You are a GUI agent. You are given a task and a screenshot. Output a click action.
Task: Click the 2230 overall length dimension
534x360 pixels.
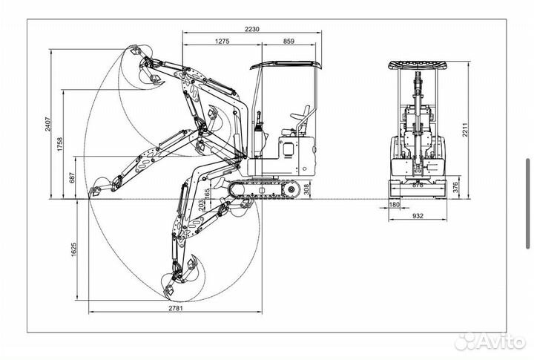(252, 29)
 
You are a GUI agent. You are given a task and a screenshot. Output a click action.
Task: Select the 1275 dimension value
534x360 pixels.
(222, 42)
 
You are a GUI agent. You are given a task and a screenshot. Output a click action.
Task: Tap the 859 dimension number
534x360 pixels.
(289, 42)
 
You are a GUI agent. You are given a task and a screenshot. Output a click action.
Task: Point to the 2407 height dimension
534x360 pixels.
(47, 124)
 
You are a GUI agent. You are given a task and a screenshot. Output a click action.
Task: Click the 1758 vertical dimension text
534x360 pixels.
(60, 144)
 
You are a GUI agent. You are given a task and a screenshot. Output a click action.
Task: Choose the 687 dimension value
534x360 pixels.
(72, 177)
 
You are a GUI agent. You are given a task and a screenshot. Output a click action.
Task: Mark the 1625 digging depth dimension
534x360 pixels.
(73, 249)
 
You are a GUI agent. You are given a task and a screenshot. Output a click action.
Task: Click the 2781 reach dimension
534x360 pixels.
(175, 308)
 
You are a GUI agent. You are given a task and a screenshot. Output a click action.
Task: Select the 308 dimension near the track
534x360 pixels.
(306, 189)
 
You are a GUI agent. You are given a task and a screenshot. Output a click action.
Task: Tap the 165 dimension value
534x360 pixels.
(208, 193)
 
